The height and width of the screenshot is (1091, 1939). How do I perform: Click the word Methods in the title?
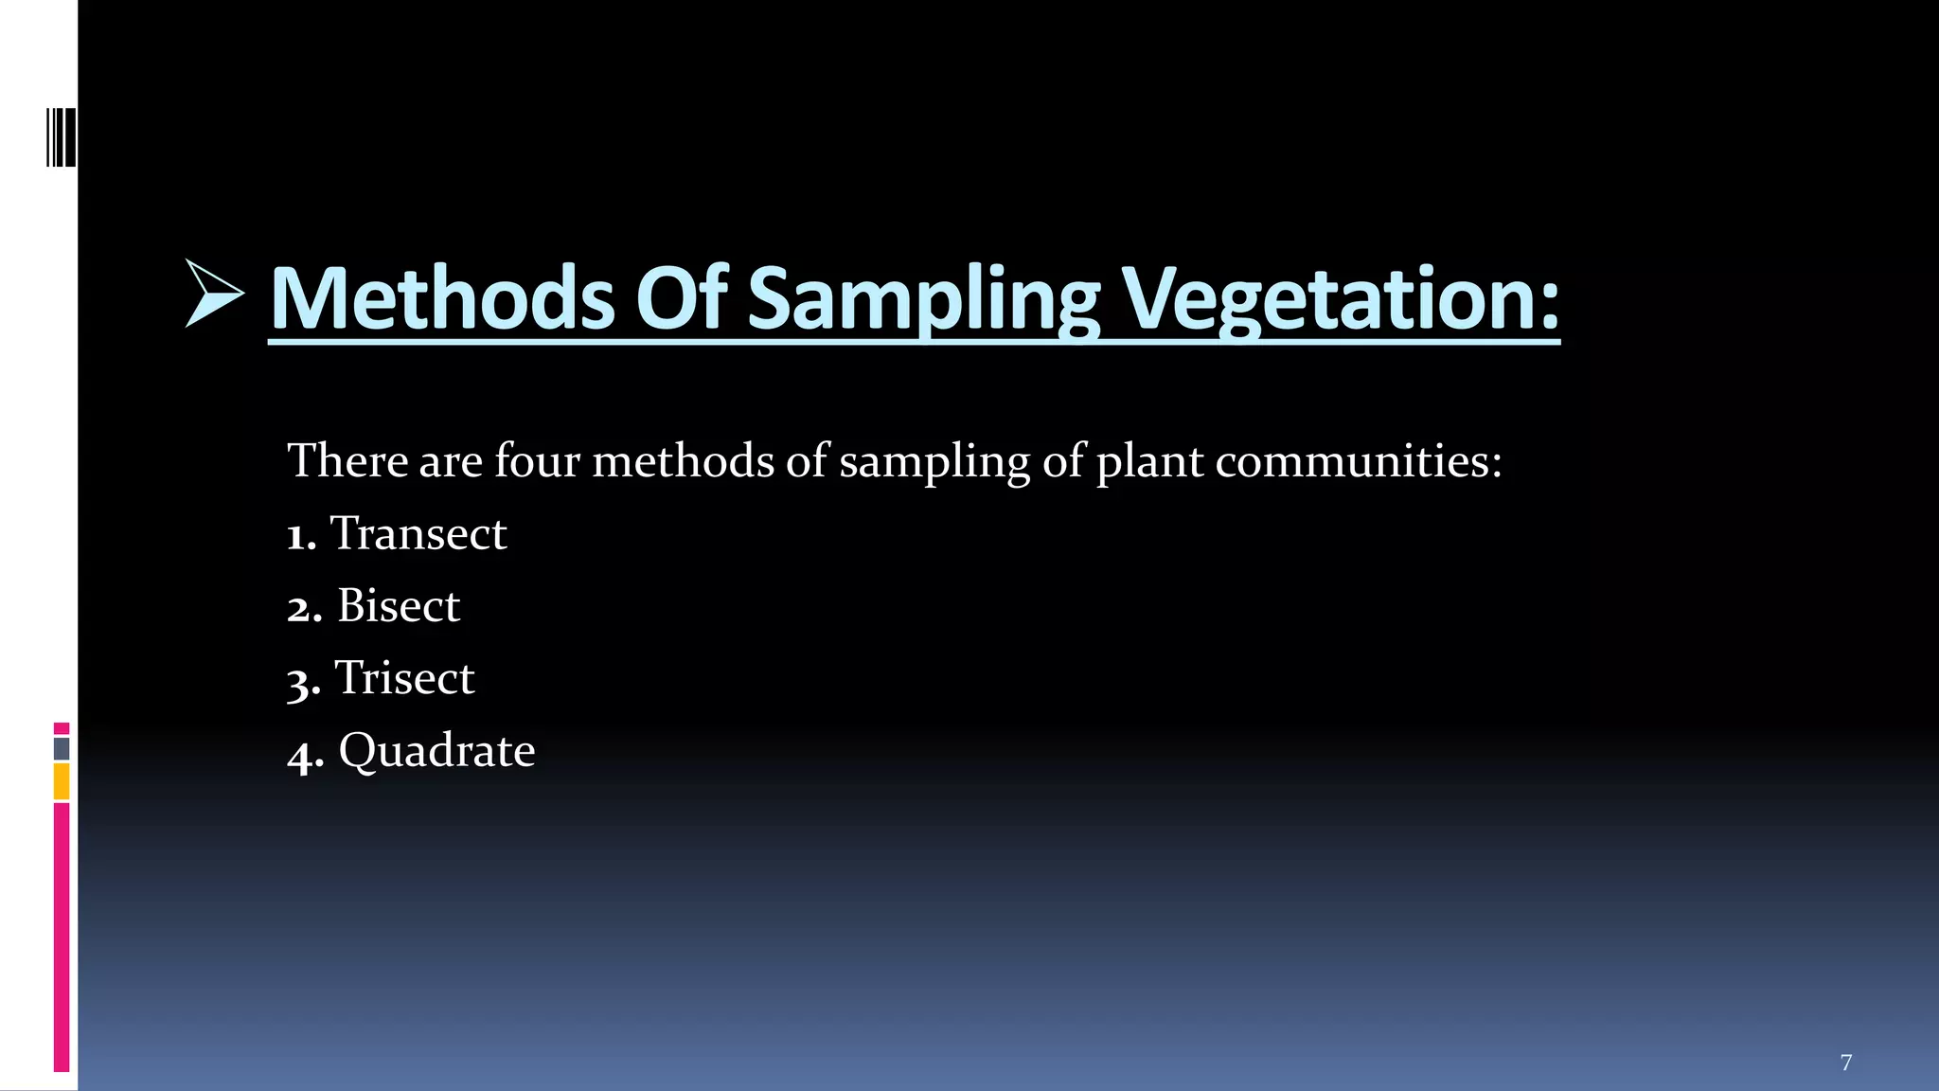[x=442, y=298]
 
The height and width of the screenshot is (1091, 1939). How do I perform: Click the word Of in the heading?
[x=681, y=298]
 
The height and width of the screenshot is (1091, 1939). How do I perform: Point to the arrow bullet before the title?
[x=214, y=293]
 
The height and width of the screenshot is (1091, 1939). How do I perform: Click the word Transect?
[x=418, y=533]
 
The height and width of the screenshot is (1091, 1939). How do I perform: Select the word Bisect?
[x=398, y=606]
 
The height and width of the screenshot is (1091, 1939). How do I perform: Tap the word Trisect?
[x=404, y=678]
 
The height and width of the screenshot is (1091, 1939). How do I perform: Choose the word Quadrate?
[x=436, y=751]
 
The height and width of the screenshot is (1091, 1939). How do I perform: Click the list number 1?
[x=299, y=537]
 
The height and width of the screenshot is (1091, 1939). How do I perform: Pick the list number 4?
[x=304, y=756]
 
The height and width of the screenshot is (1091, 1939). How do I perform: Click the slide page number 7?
[x=1845, y=1063]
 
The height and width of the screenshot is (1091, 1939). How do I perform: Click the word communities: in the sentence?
[x=1358, y=461]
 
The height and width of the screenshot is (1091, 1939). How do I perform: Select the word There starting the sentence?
[x=347, y=461]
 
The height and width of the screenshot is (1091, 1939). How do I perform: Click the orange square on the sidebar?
[x=62, y=782]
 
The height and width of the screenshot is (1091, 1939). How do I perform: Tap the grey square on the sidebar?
[x=62, y=749]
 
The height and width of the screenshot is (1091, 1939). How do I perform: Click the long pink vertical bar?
[x=62, y=938]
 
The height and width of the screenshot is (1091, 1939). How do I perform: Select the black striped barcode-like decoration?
[x=61, y=138]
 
